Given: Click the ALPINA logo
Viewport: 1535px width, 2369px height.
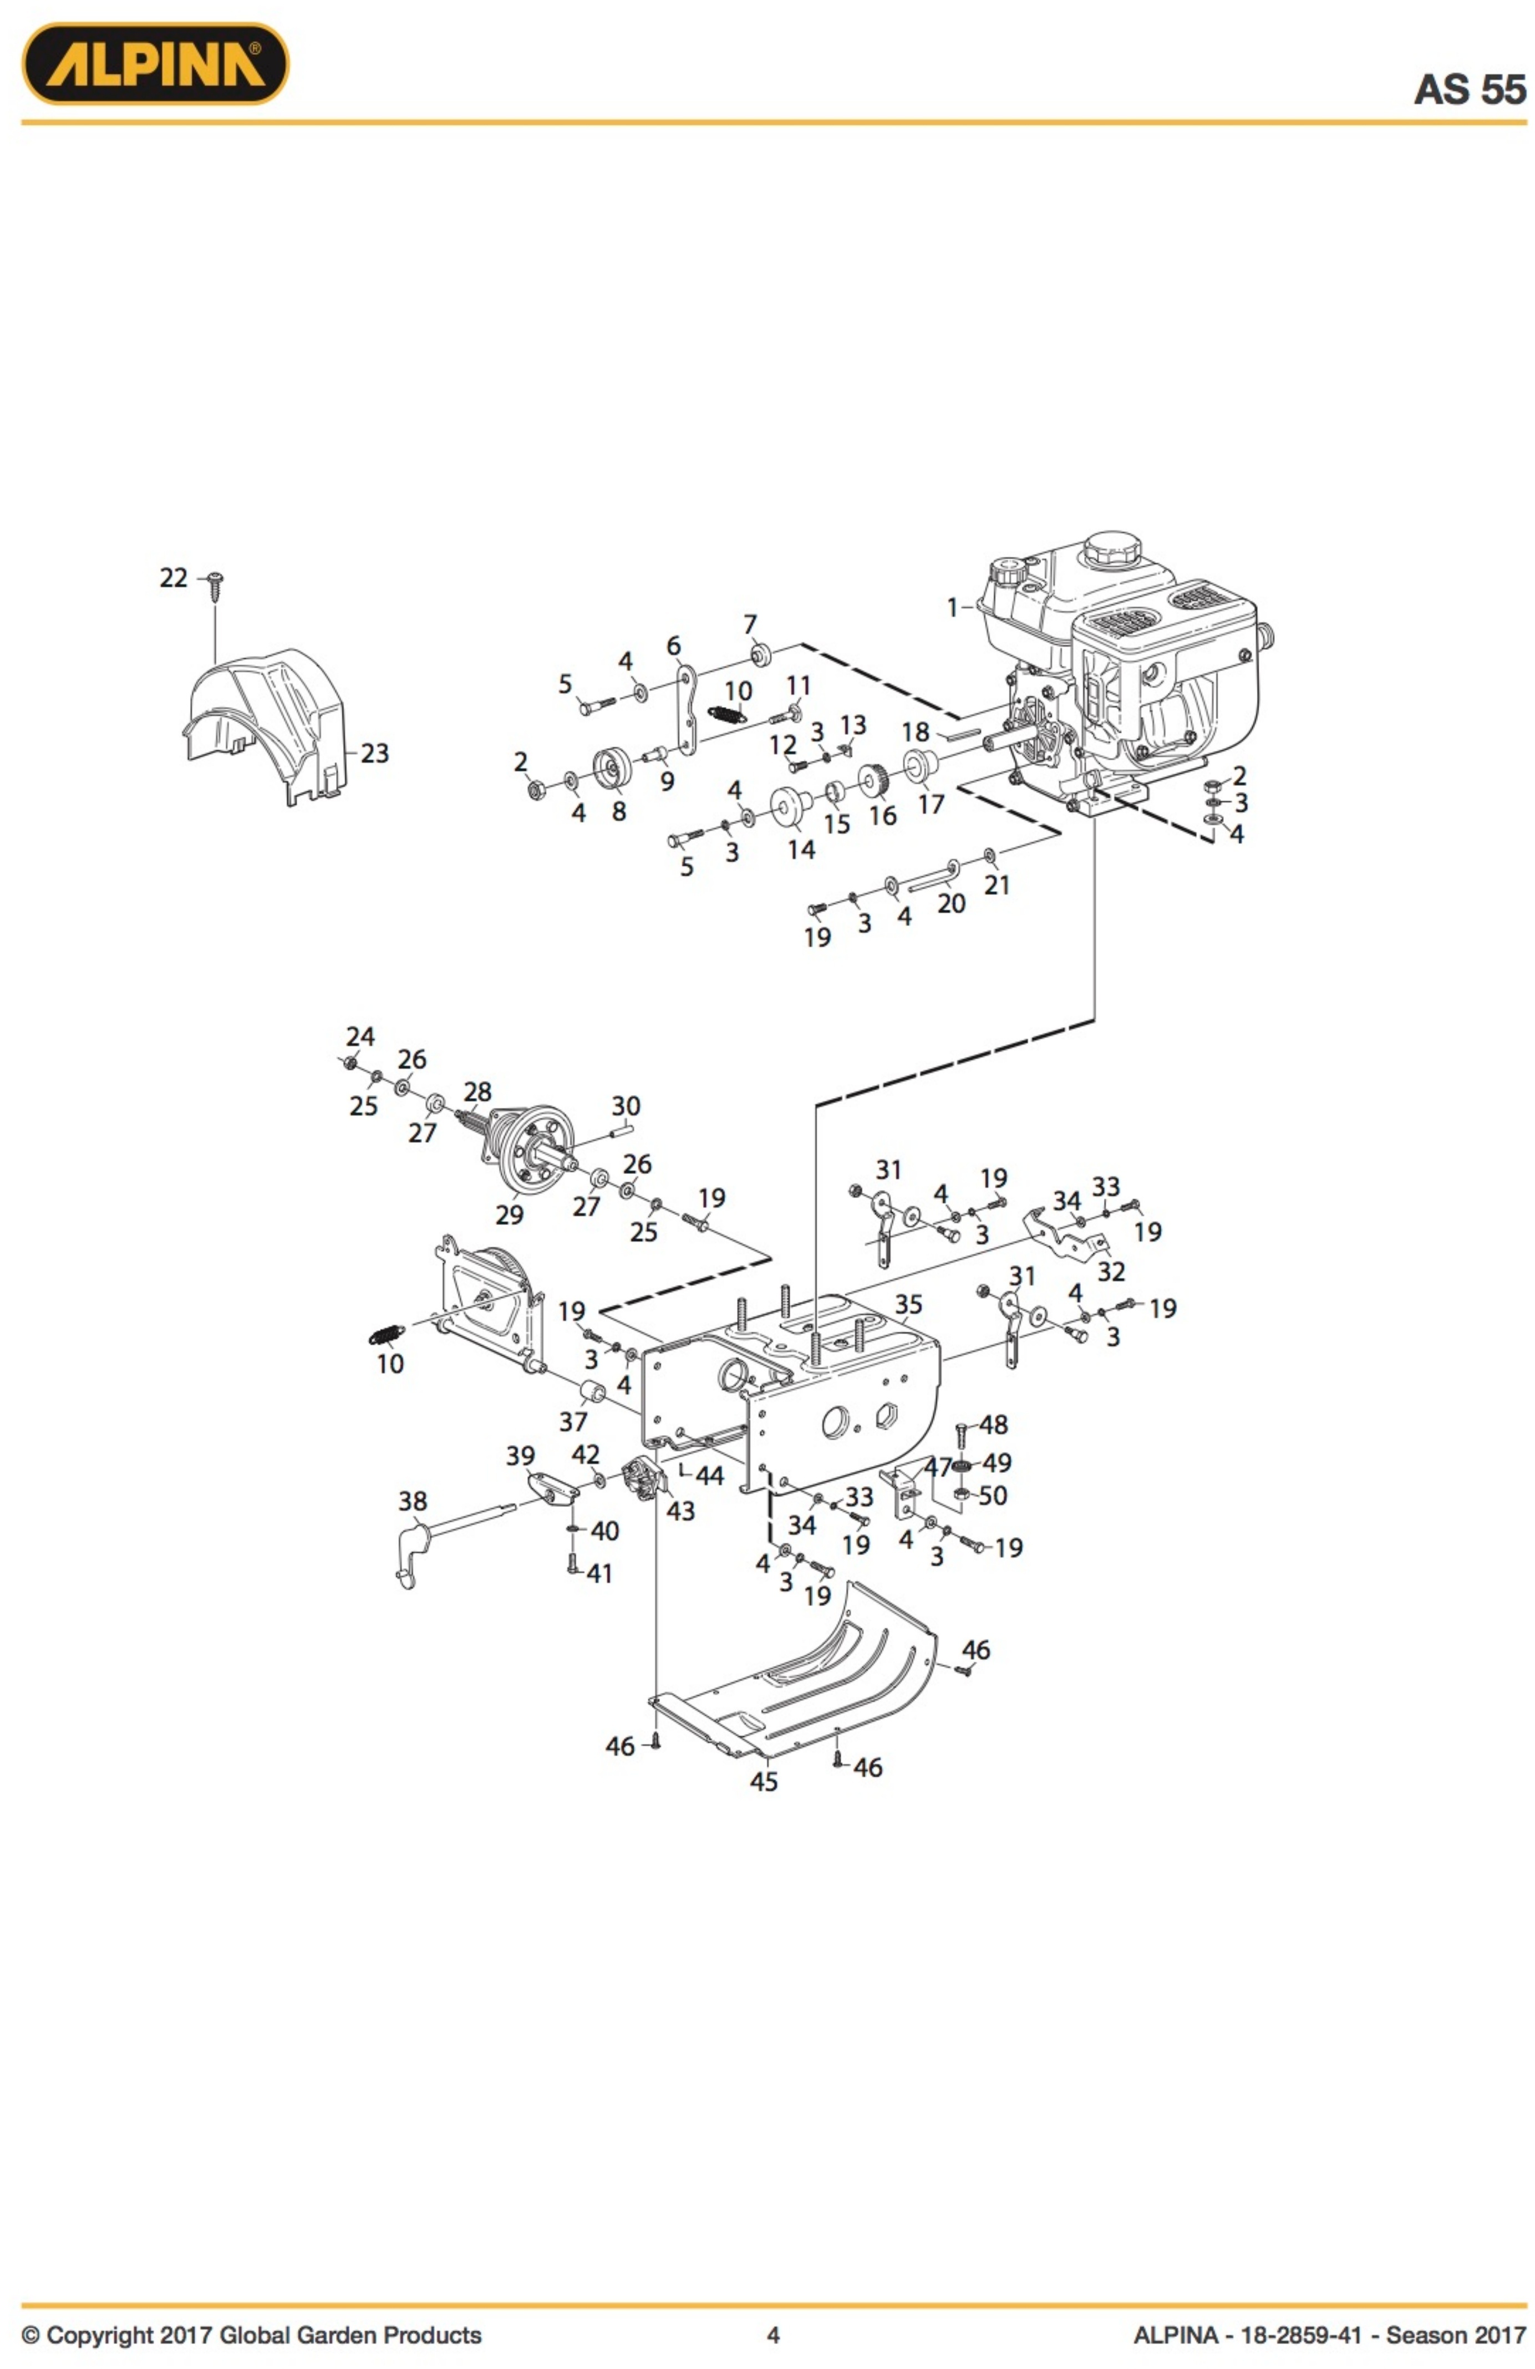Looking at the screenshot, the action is point(155,64).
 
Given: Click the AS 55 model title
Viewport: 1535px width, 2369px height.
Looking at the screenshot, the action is point(1470,90).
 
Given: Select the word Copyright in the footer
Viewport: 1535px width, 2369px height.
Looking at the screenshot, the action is point(100,2335).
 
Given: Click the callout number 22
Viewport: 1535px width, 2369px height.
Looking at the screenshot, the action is point(173,577).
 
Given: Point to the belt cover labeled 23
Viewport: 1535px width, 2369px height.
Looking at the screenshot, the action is point(264,726).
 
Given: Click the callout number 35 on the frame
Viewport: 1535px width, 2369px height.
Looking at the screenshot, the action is point(908,1304).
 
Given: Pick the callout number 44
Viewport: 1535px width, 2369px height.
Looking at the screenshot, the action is point(709,1475).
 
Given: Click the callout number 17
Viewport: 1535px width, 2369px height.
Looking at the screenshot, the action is point(931,804).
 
